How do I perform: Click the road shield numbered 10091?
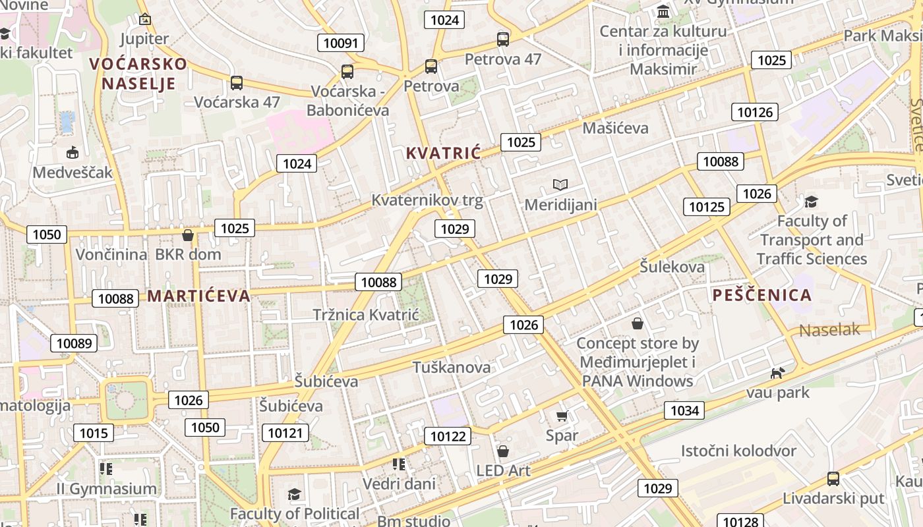[x=341, y=43]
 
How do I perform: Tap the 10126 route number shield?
[x=755, y=112]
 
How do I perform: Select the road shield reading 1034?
[x=684, y=411]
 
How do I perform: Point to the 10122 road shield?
[x=449, y=436]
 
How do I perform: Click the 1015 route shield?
[x=93, y=433]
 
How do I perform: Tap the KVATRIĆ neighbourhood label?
[x=443, y=153]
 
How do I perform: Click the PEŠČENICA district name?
[x=762, y=295]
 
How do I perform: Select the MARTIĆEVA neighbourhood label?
[x=198, y=296]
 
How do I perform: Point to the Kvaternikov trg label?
[x=427, y=201]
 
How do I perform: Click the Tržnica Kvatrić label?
[x=366, y=315]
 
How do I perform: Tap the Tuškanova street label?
[x=452, y=367]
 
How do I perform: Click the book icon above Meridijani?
[x=560, y=185]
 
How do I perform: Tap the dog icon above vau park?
[x=778, y=374]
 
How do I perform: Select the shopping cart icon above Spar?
[x=562, y=416]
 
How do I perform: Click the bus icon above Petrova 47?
[x=503, y=40]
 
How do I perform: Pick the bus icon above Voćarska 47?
[x=237, y=83]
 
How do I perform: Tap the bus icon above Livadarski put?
[x=833, y=479]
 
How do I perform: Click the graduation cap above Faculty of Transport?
[x=811, y=202]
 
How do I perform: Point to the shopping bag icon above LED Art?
[x=503, y=451]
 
